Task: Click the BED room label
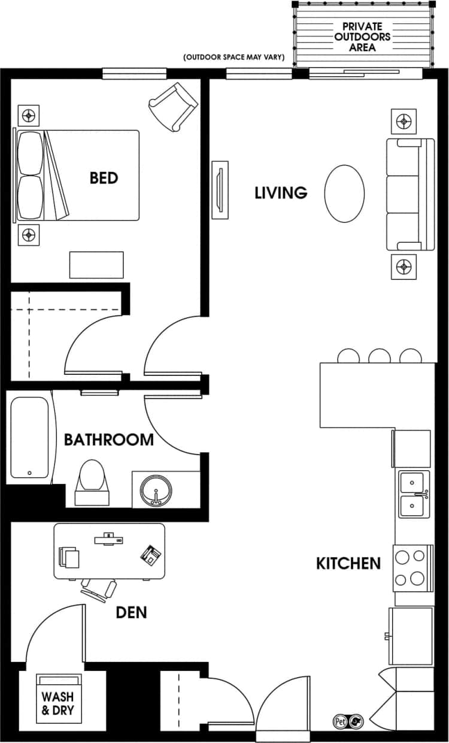tap(104, 178)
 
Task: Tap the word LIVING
tap(281, 193)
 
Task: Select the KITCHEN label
tap(348, 563)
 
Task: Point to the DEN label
tap(131, 612)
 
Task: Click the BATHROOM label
tap(109, 440)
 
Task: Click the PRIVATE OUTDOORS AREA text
tap(363, 37)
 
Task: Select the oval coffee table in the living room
tap(344, 193)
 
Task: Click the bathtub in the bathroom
tap(29, 438)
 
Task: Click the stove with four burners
tap(412, 567)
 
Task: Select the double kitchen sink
tap(414, 494)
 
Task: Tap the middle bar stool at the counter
tap(380, 356)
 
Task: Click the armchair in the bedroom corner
tap(173, 107)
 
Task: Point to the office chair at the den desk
tap(98, 589)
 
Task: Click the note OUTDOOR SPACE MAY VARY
tap(237, 58)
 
